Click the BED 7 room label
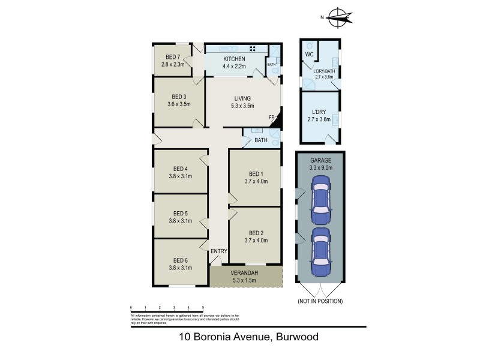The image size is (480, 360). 171,57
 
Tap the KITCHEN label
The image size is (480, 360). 234,59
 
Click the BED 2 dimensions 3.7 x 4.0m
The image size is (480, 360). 256,241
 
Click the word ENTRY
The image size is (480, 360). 218,251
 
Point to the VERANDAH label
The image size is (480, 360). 244,274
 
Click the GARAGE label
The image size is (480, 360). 321,161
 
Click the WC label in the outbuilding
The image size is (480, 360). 310,55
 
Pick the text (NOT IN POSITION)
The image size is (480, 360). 320,301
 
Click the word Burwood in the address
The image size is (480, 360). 296,337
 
